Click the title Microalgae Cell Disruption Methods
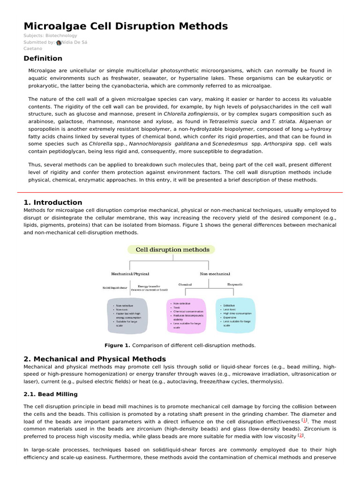point(126,26)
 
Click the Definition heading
point(43,59)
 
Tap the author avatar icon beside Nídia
point(59,42)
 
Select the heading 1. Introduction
point(52,202)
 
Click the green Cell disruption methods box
point(172,250)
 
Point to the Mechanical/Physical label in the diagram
point(128,273)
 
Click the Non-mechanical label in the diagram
point(215,273)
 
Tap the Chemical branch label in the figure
point(185,285)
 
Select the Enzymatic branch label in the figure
point(235,285)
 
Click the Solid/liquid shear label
point(115,288)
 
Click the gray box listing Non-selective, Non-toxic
point(127,315)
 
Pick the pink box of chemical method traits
point(187,315)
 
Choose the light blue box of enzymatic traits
point(237,315)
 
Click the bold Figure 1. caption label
point(117,345)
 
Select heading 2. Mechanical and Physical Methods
point(95,359)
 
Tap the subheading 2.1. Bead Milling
point(51,394)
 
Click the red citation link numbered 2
point(301,435)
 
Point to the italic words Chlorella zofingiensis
point(191,114)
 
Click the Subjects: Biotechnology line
point(50,36)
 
